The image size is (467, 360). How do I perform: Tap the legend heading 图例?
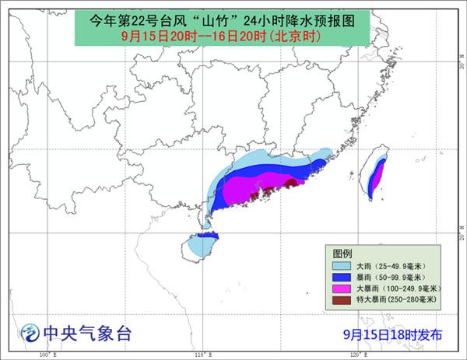coord(342,254)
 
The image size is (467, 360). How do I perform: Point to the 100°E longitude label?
coord(48,355)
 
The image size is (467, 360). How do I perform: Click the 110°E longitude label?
coord(204,355)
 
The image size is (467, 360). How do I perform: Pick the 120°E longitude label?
coord(359,355)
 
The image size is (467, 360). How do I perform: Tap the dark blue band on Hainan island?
coord(208,235)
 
